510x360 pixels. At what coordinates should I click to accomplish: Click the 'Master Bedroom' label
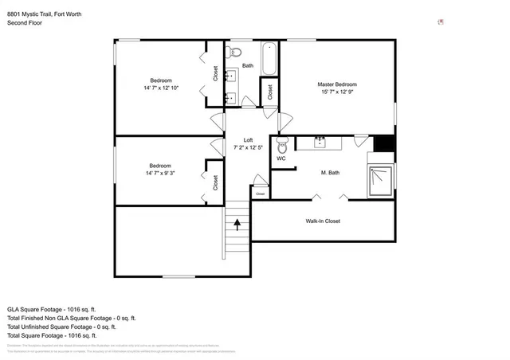click(336, 84)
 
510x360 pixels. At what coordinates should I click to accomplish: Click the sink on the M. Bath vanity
click(320, 143)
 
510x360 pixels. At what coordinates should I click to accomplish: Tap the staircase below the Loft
click(236, 233)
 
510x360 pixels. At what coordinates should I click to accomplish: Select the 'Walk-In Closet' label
click(323, 221)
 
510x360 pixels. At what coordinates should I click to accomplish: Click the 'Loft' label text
click(248, 140)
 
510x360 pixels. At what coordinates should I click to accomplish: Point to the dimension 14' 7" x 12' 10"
click(161, 88)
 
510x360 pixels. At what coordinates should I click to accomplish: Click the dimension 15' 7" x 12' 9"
click(336, 92)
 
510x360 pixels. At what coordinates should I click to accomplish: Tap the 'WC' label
click(280, 158)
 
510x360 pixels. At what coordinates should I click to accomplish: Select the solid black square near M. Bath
click(384, 144)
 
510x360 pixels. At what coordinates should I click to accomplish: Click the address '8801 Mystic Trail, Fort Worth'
click(44, 14)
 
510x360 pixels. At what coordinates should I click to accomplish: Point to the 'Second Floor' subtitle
click(25, 23)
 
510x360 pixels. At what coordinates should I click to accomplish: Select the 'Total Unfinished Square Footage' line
click(61, 327)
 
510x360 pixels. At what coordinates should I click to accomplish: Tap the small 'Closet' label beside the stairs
click(260, 194)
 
